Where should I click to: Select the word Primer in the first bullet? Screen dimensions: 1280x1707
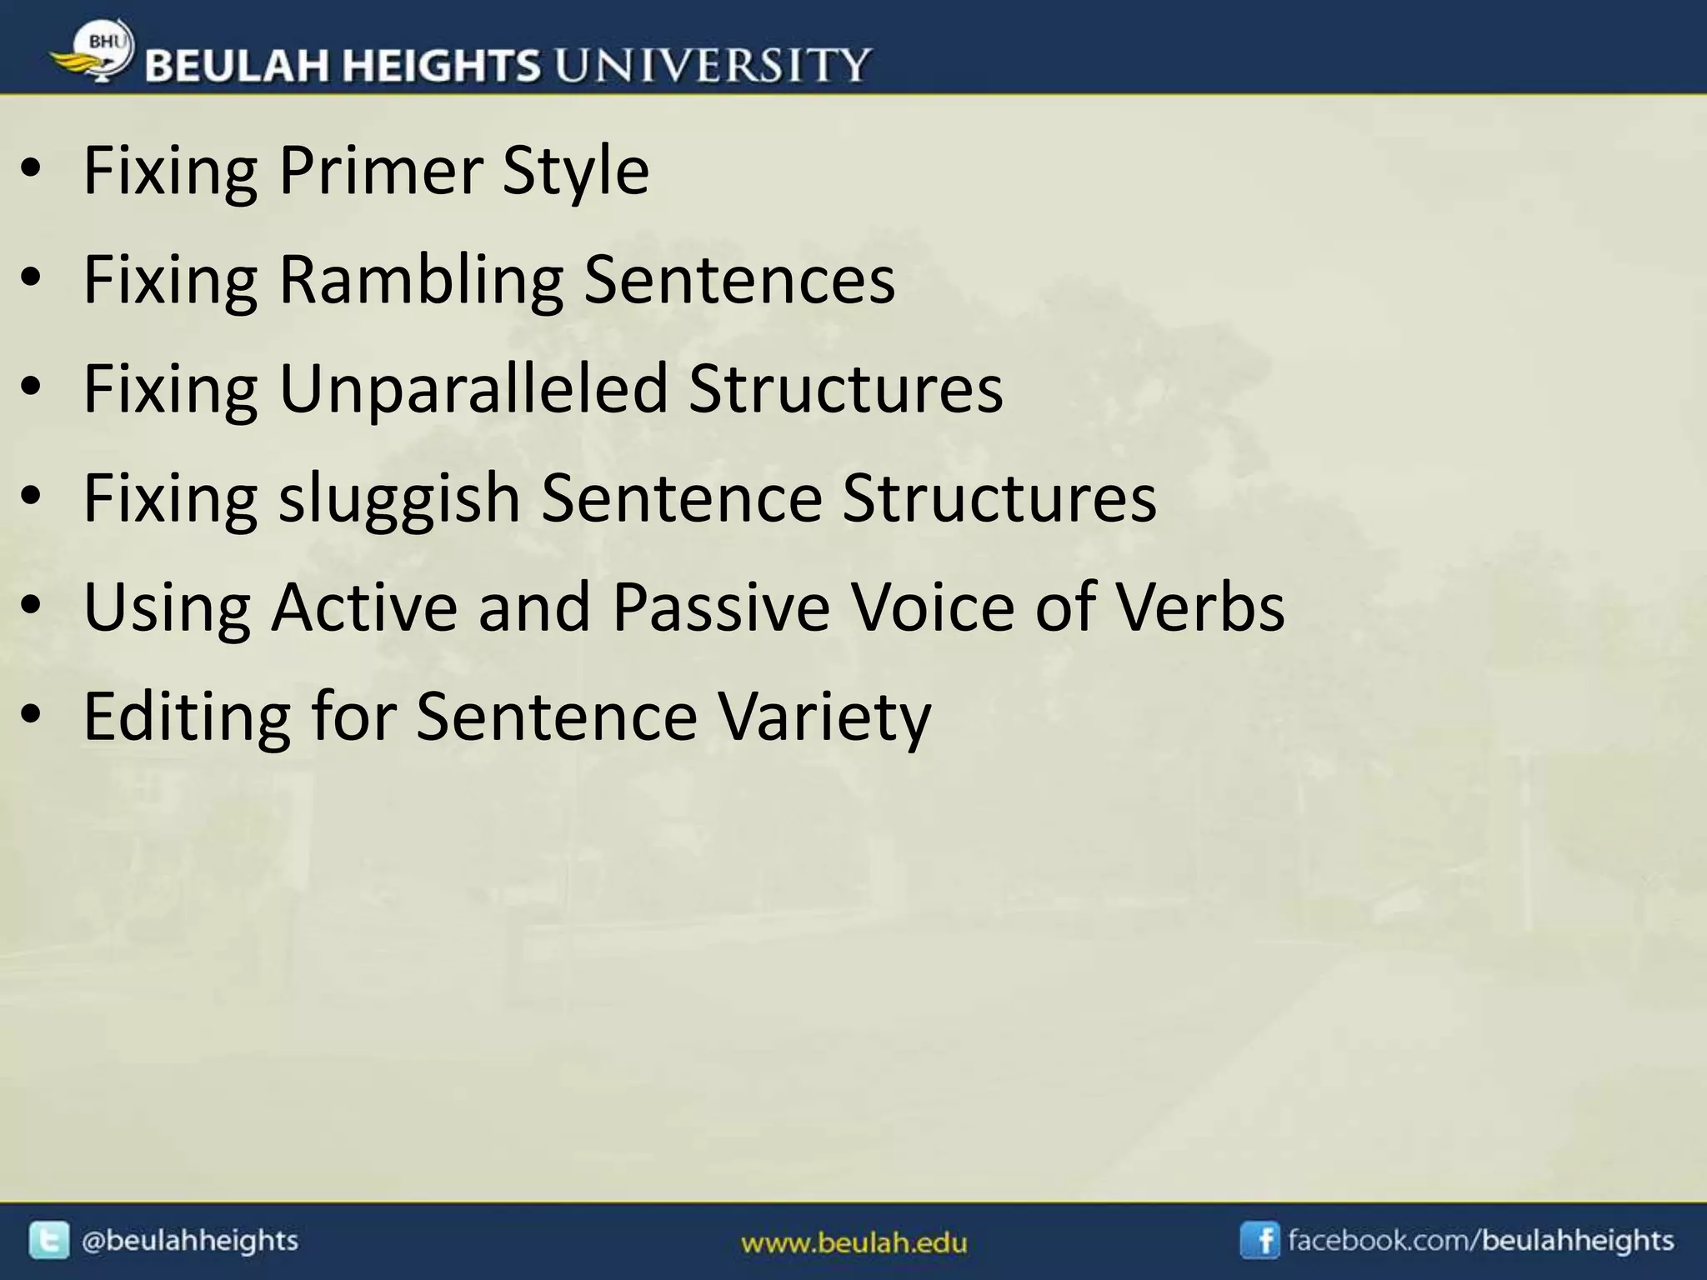click(x=380, y=170)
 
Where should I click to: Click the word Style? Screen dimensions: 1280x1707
click(x=575, y=170)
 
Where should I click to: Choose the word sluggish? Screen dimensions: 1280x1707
click(x=399, y=498)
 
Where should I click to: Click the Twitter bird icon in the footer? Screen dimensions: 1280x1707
click(x=49, y=1241)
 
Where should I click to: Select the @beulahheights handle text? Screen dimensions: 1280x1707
click(x=189, y=1241)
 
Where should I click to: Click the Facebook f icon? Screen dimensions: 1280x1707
click(x=1259, y=1241)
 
